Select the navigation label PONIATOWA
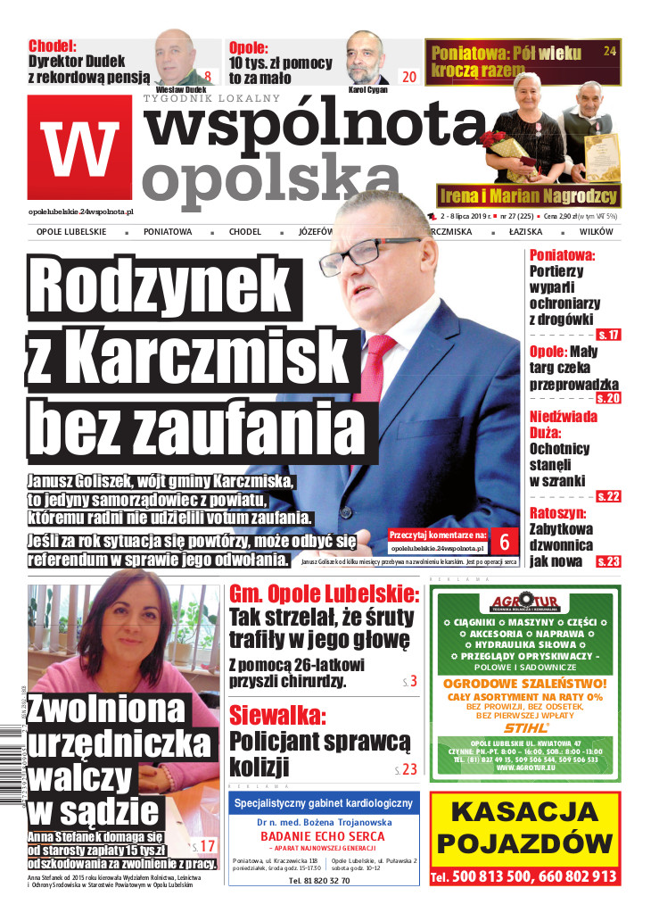point(167,232)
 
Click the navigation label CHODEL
point(245,232)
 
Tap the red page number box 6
point(505,542)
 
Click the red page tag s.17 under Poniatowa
point(609,335)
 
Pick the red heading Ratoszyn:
point(557,514)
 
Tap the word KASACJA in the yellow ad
point(524,813)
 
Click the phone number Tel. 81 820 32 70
point(319,880)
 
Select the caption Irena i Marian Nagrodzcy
point(528,195)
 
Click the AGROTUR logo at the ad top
point(523,603)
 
